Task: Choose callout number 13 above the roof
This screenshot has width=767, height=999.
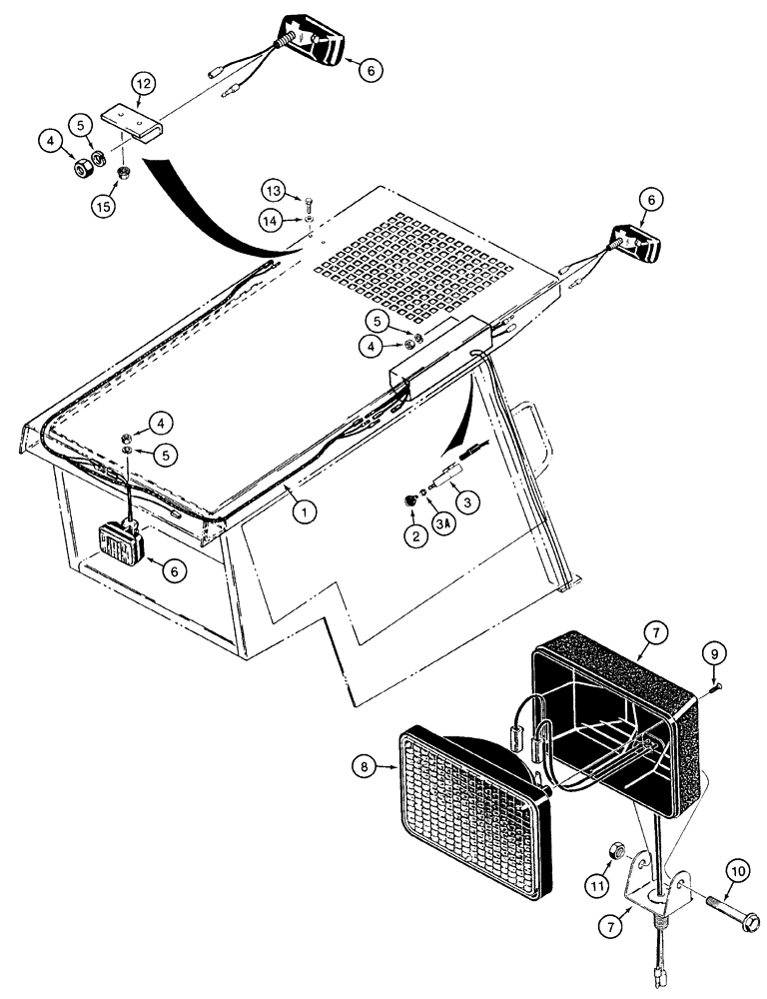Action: coord(274,190)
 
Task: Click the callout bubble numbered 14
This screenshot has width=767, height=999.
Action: coord(274,218)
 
